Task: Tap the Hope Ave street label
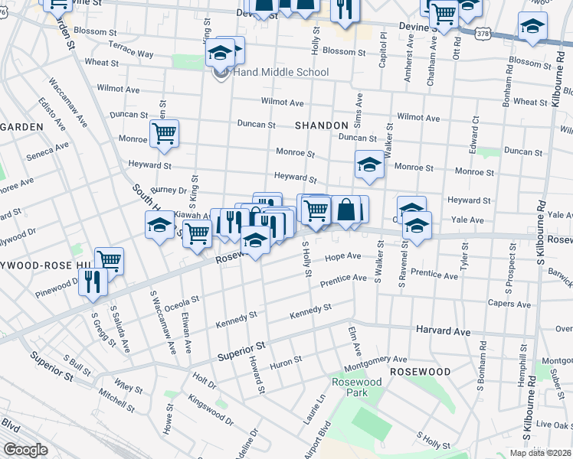(x=342, y=257)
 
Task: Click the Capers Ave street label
(x=509, y=304)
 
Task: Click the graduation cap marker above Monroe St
(x=368, y=164)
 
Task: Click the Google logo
(x=25, y=450)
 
